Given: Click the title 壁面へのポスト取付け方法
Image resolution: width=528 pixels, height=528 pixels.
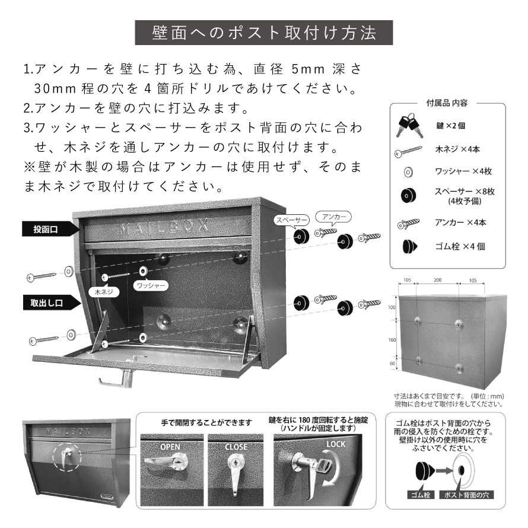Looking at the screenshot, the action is pyautogui.click(x=263, y=33).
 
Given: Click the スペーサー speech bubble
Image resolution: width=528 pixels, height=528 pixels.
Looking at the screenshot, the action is pyautogui.click(x=292, y=221).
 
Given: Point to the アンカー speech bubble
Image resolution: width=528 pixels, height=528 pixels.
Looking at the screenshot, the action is pyautogui.click(x=333, y=217).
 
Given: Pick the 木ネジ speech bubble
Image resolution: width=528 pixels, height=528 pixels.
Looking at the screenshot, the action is pyautogui.click(x=104, y=292).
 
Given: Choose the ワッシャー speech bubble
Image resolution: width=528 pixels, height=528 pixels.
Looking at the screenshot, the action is pyautogui.click(x=151, y=285).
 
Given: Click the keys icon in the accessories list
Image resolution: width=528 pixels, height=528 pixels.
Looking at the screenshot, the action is pyautogui.click(x=409, y=125).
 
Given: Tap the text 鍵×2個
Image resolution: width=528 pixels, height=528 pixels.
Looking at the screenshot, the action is pyautogui.click(x=450, y=126).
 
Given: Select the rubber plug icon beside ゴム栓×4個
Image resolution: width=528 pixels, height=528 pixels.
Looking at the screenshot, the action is pyautogui.click(x=410, y=246).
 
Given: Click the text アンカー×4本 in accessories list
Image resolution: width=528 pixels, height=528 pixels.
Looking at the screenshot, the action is pyautogui.click(x=460, y=222).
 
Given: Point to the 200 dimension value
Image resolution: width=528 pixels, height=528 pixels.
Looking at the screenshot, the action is pyautogui.click(x=437, y=280).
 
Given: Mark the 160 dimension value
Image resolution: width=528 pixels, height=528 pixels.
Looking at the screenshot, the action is pyautogui.click(x=392, y=340).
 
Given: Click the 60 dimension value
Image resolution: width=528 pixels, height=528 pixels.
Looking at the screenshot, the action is pyautogui.click(x=392, y=363).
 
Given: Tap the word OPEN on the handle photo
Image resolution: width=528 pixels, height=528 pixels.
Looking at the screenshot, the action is pyautogui.click(x=170, y=447).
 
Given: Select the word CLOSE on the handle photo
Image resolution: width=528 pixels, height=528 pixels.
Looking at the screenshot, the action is pyautogui.click(x=236, y=447).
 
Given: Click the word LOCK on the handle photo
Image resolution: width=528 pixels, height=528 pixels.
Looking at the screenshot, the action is pyautogui.click(x=336, y=444).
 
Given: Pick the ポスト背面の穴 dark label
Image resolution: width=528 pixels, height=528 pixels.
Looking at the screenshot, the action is pyautogui.click(x=466, y=495).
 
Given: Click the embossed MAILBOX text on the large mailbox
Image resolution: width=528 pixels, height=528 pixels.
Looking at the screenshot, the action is pyautogui.click(x=164, y=226).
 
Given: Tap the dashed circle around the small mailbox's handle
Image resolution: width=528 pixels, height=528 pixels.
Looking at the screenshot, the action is pyautogui.click(x=66, y=456).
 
